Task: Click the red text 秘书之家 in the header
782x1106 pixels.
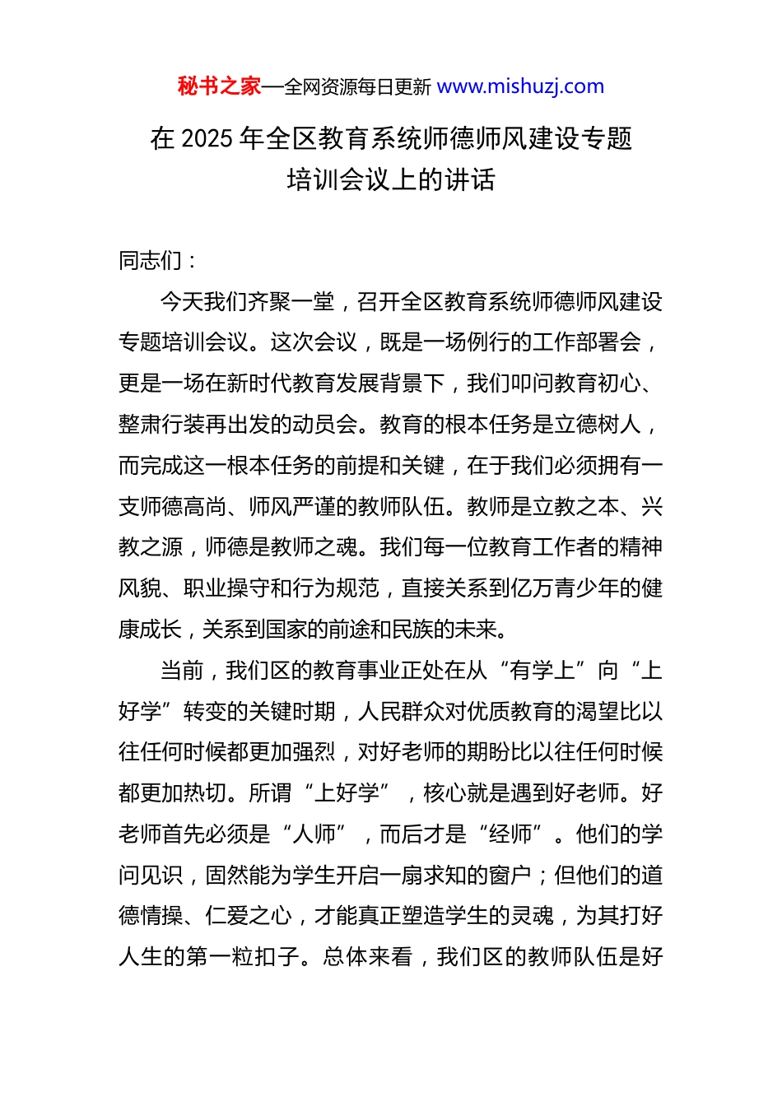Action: click(219, 86)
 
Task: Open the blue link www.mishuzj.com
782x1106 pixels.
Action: click(520, 86)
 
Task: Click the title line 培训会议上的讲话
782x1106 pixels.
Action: click(391, 179)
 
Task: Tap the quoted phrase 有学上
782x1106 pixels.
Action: click(542, 671)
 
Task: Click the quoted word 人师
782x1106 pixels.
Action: click(314, 834)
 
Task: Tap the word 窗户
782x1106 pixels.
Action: click(510, 875)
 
